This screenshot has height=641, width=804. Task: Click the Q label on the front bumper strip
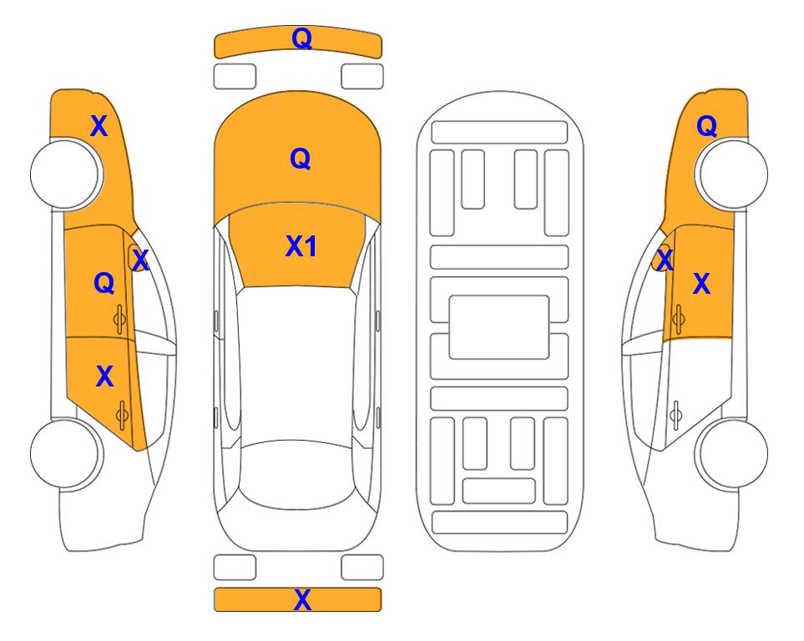coord(301,38)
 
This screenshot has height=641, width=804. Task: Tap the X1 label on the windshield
coord(301,246)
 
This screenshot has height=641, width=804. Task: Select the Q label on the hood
coord(301,159)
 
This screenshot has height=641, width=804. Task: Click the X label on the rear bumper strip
coord(302,599)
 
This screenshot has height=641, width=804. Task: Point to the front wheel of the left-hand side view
coord(65,174)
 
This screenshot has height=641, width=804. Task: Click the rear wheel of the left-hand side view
coord(65,453)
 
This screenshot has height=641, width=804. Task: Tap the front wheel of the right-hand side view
coord(733,174)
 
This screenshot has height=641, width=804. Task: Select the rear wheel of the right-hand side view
coord(733,453)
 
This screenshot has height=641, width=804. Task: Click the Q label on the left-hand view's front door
coord(104,283)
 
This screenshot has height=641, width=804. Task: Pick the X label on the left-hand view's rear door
coord(104,376)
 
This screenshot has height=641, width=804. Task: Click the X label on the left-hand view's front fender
coord(99,126)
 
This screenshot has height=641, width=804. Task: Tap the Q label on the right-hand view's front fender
coord(706,126)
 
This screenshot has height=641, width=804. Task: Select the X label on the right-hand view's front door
coord(701,284)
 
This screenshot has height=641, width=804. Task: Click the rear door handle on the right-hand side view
coord(676,415)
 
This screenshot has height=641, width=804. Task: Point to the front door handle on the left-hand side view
coord(119,320)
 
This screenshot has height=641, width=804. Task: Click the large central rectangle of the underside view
coord(499,327)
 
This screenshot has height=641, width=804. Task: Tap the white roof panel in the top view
coord(297,364)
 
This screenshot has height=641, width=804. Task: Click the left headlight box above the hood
coord(235,77)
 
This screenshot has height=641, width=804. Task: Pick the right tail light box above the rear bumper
coord(362,568)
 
